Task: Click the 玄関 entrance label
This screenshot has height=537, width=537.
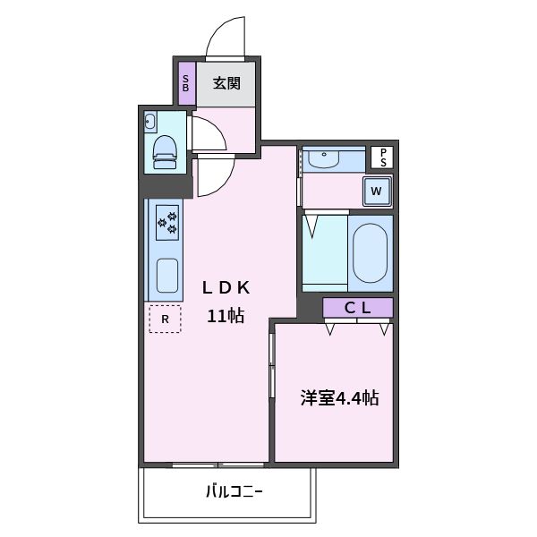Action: (226, 84)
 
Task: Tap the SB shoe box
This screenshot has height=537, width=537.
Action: (186, 84)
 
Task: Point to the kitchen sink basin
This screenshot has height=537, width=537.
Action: (166, 275)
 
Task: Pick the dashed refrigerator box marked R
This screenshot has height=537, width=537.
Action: (165, 318)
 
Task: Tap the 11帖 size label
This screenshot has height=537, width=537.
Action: (226, 315)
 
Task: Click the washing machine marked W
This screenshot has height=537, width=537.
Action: (377, 191)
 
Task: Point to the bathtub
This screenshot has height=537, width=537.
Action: (370, 251)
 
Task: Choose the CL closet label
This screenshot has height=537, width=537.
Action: (358, 308)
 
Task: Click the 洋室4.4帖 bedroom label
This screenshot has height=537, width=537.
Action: (339, 398)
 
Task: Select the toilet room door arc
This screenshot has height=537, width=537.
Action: (208, 134)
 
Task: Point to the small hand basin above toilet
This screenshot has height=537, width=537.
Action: (150, 122)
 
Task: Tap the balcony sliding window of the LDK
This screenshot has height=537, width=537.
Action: (217, 465)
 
